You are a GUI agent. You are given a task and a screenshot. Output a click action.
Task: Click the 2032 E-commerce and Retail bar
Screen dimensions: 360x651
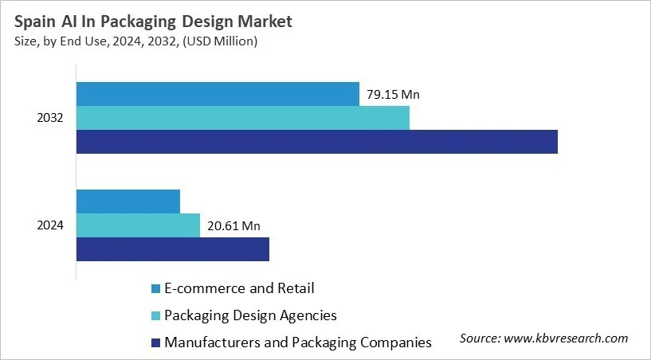click(x=218, y=94)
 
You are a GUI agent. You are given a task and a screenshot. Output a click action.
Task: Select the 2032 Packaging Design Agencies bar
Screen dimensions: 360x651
click(x=243, y=118)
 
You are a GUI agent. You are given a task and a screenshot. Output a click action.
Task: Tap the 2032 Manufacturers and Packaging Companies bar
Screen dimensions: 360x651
click(x=317, y=142)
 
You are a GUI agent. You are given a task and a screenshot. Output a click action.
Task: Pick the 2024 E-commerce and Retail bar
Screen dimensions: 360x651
click(x=128, y=202)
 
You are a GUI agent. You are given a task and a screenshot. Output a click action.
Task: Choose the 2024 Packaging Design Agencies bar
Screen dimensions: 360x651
click(x=138, y=225)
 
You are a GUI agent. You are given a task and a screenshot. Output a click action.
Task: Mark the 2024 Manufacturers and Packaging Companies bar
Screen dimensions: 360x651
click(x=173, y=249)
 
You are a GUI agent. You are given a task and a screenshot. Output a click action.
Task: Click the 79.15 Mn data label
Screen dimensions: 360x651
click(x=393, y=95)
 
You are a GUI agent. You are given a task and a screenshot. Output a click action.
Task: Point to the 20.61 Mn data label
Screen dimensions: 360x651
click(x=233, y=226)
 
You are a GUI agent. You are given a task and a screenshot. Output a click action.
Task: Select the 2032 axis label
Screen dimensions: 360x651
click(x=51, y=119)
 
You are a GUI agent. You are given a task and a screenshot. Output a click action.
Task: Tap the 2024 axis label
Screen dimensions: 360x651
click(x=51, y=225)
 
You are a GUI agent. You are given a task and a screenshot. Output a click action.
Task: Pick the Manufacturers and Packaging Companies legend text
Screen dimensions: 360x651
click(x=297, y=342)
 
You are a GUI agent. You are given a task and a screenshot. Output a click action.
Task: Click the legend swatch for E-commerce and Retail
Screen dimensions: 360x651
click(x=155, y=288)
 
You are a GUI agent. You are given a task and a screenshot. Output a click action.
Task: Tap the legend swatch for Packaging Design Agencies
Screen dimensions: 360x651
click(x=155, y=315)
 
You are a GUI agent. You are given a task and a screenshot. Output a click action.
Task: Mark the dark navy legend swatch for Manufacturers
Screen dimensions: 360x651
click(x=155, y=342)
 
